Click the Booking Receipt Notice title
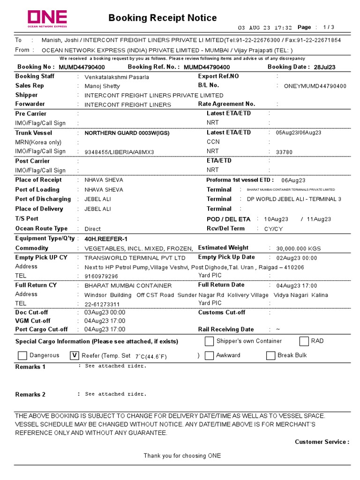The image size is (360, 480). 162,18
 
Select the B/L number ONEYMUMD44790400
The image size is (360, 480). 315,86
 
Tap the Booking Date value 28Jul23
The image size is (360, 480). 324,67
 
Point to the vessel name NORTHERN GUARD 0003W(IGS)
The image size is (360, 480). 127,133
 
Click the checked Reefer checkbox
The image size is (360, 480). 74,356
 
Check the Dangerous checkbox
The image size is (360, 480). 22,356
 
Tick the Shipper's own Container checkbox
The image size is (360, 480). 209,341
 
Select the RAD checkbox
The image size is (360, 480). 304,341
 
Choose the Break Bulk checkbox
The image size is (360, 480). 270,356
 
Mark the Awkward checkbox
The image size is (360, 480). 209,356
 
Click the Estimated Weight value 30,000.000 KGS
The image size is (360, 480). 299,249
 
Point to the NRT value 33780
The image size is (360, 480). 284,152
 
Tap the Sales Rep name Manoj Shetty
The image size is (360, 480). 102,86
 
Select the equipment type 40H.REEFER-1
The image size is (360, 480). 106,239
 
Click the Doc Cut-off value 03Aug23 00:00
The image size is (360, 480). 105,313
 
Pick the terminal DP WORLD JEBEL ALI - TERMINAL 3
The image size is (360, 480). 294,199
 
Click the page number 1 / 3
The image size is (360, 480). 329,27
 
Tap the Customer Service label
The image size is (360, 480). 322,442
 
